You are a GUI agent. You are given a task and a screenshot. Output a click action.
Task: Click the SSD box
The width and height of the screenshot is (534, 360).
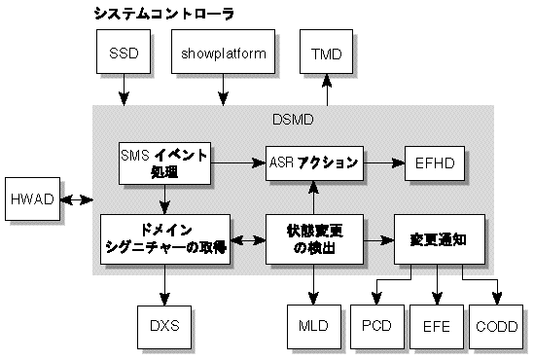coord(125,54)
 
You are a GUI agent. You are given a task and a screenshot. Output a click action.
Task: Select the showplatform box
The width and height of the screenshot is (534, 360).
coord(223,54)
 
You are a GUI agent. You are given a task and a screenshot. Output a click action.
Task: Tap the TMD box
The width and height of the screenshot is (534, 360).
coord(327,54)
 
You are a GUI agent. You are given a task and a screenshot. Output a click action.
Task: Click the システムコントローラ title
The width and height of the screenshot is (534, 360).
coord(163,14)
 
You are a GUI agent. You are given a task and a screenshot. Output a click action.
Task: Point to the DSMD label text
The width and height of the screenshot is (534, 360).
coord(291,120)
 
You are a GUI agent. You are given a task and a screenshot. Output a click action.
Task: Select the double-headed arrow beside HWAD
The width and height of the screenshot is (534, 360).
coord(77,200)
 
